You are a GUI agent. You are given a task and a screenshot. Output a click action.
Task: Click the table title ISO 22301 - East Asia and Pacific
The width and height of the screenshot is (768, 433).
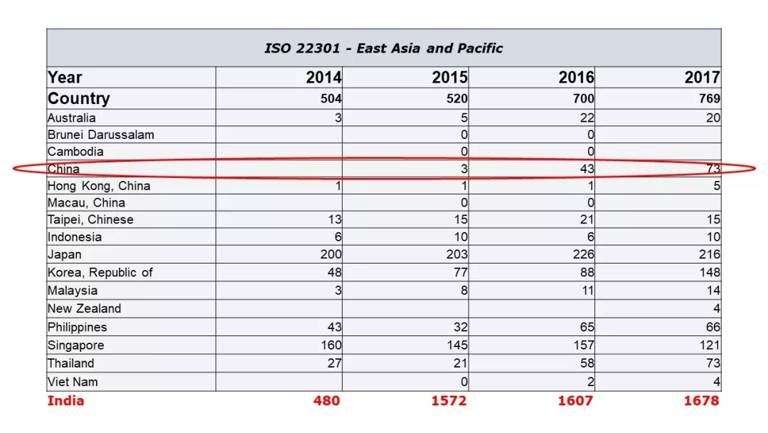coord(383,48)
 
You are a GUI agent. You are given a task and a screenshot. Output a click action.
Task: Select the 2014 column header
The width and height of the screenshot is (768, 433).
coord(324,78)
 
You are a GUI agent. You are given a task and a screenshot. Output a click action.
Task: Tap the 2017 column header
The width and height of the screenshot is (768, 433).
coord(703,78)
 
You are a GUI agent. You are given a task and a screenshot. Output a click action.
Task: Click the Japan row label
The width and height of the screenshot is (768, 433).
coord(65,254)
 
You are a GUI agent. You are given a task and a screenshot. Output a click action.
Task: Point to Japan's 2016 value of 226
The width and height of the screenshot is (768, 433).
coord(583,254)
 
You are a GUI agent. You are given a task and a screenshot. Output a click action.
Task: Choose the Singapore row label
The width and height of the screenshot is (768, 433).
coord(76,345)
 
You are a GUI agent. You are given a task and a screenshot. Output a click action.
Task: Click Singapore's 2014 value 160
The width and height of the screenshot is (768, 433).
coord(331,345)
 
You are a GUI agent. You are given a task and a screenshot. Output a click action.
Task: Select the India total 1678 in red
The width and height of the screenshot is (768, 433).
coord(701,401)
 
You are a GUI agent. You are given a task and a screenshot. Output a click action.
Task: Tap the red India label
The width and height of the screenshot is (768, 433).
coord(65,401)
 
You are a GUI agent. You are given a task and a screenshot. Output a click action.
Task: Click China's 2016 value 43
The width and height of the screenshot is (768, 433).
coord(587,169)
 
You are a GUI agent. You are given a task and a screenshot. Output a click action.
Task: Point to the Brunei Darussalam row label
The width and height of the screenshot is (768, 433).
coord(101,135)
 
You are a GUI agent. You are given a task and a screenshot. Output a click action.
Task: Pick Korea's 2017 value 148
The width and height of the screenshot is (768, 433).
coord(710,272)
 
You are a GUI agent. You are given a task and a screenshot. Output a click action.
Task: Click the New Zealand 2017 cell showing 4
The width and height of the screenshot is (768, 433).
coord(717,308)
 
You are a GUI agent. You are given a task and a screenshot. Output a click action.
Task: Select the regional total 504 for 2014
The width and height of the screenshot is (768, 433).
coord(331,98)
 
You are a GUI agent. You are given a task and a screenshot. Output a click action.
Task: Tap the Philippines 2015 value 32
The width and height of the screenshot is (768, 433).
coord(460,327)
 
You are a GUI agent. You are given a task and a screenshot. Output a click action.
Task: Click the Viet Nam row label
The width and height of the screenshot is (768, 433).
coord(73,382)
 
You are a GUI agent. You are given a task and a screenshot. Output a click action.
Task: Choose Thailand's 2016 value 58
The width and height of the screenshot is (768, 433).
coord(587,363)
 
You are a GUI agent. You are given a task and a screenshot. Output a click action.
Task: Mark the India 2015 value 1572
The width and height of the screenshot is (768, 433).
coord(449,401)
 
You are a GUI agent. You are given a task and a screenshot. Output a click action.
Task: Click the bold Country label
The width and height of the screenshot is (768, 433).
coord(79,98)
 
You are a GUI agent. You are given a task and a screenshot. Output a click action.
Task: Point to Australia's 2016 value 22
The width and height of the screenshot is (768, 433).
coord(587,118)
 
